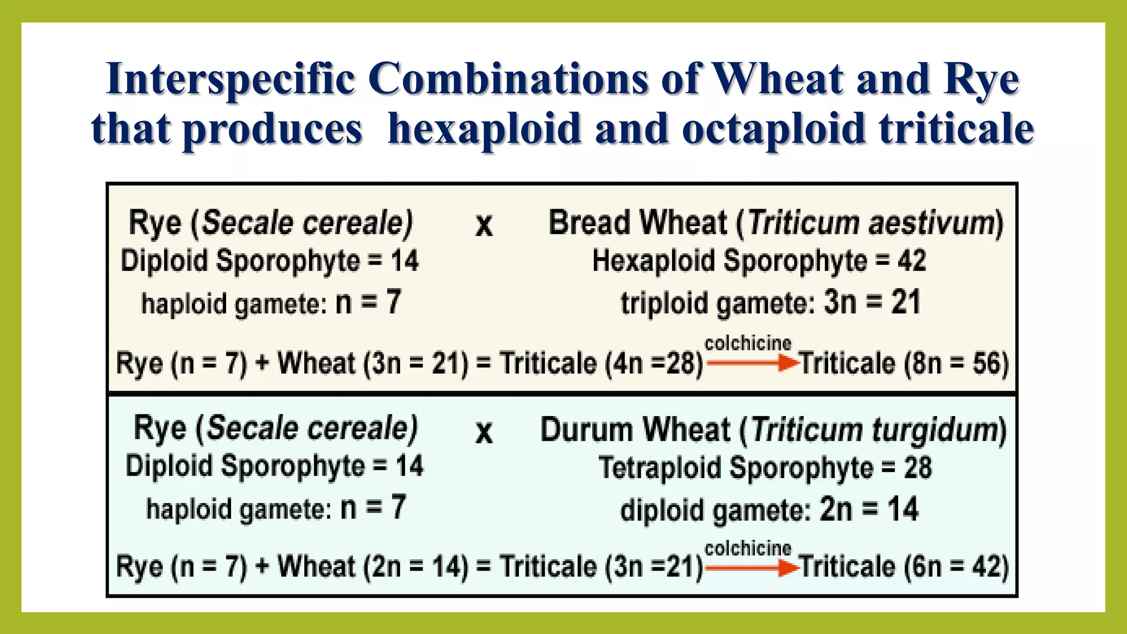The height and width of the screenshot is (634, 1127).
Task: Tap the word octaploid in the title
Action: [x=773, y=129]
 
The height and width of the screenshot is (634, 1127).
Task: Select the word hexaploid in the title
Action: [x=484, y=129]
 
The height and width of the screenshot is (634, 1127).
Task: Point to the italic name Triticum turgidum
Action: [x=874, y=430]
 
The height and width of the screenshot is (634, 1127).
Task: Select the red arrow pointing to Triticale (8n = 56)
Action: [x=752, y=363]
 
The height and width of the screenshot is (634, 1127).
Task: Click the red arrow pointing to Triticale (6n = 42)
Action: [x=752, y=567]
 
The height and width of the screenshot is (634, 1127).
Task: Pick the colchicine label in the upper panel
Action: [x=748, y=343]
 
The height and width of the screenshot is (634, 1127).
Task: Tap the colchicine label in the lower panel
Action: [x=748, y=548]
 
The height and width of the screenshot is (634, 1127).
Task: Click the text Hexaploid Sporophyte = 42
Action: [x=759, y=261]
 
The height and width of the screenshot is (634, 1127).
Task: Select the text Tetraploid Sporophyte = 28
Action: [x=765, y=468]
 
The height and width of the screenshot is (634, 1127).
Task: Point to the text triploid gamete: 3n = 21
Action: [x=770, y=303]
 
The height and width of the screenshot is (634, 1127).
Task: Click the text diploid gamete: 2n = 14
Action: [x=769, y=510]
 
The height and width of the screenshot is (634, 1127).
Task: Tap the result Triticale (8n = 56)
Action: [x=904, y=364]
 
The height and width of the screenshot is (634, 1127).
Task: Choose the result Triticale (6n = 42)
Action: [x=904, y=567]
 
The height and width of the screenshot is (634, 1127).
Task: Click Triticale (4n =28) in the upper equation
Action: [x=601, y=364]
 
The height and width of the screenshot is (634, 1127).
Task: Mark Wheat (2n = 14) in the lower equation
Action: [x=373, y=567]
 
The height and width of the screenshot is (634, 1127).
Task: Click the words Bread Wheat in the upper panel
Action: [x=637, y=223]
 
